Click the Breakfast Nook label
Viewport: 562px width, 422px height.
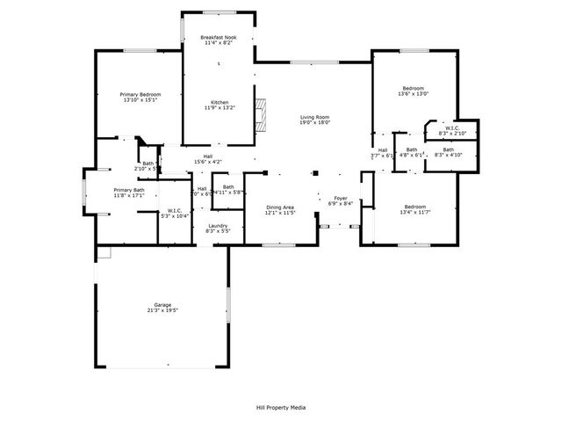coord(218,38)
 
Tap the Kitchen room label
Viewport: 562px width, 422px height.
coord(219,102)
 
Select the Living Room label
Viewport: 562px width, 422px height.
coord(314,117)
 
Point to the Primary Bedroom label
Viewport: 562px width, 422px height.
coord(140,94)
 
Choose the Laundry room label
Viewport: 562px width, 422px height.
coord(218,226)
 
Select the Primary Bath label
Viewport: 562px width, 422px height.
coord(127,190)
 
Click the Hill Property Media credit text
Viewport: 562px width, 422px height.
coord(281,407)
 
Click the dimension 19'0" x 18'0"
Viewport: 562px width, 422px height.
coord(314,123)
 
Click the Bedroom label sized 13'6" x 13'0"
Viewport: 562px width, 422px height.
coord(414,89)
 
